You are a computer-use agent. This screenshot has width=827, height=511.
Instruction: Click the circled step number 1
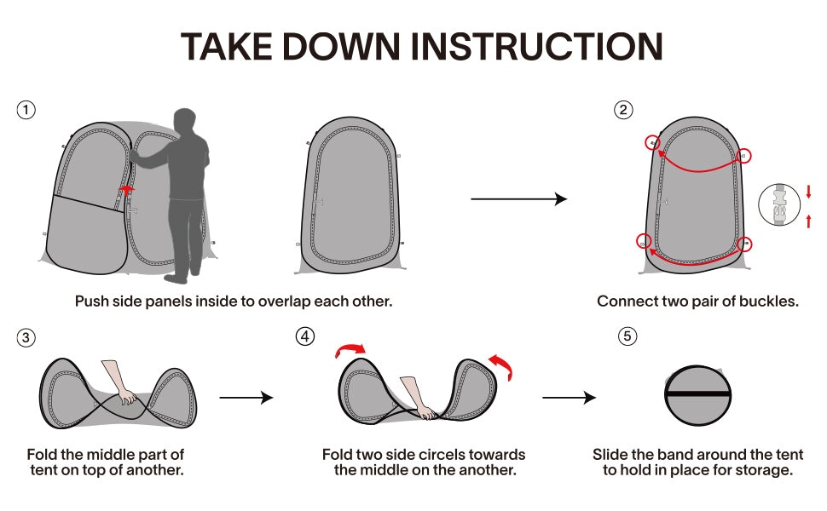click(x=26, y=110)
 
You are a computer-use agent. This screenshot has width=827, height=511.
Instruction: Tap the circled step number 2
click(x=623, y=110)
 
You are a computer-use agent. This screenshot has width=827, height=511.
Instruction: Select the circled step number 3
click(x=26, y=337)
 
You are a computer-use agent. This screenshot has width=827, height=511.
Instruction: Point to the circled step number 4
click(x=305, y=336)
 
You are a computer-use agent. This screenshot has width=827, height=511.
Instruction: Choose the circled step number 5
click(x=627, y=336)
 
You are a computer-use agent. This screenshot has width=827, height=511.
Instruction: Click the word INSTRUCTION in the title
click(x=536, y=47)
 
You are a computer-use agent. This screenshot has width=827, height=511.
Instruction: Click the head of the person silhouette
click(x=185, y=122)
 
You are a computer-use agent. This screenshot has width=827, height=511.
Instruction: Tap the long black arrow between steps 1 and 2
click(x=519, y=199)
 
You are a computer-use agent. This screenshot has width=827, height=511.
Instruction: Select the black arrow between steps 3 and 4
click(x=246, y=397)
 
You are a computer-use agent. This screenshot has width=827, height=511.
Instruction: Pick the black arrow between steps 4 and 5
click(x=569, y=397)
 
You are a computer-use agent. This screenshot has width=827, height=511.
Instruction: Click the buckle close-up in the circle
click(x=779, y=204)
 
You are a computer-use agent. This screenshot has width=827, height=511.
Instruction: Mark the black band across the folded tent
click(x=697, y=394)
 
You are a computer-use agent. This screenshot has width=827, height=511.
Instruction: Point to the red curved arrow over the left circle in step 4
click(x=350, y=349)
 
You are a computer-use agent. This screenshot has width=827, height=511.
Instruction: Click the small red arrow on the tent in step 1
click(x=126, y=190)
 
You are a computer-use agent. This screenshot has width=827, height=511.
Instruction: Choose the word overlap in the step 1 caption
click(x=284, y=301)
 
